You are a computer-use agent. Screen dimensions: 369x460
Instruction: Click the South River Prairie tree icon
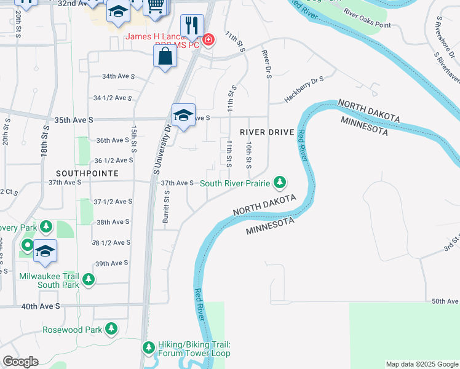point(280,182)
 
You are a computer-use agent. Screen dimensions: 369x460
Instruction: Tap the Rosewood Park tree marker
point(111,329)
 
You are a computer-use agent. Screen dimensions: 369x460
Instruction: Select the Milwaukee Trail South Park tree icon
point(89,280)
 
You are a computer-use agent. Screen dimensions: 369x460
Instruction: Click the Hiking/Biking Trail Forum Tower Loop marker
point(148,348)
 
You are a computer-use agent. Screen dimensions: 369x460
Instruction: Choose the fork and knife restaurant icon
point(192,26)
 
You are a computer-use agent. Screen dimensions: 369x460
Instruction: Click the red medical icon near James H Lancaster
point(209,40)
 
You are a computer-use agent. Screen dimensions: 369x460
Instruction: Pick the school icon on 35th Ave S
point(183,115)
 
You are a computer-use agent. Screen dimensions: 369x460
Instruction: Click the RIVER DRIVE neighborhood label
point(264,132)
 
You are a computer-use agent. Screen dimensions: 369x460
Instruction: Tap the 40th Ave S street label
point(41,306)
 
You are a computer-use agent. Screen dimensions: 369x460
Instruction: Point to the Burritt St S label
point(166,206)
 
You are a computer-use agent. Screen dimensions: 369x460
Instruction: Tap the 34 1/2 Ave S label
point(113,98)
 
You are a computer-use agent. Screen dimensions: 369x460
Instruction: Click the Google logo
point(20,362)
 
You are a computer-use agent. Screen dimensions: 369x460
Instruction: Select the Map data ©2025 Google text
point(421,364)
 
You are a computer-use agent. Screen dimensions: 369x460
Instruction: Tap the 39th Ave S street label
point(111,263)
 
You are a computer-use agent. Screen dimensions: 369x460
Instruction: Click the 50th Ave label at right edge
point(445,301)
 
